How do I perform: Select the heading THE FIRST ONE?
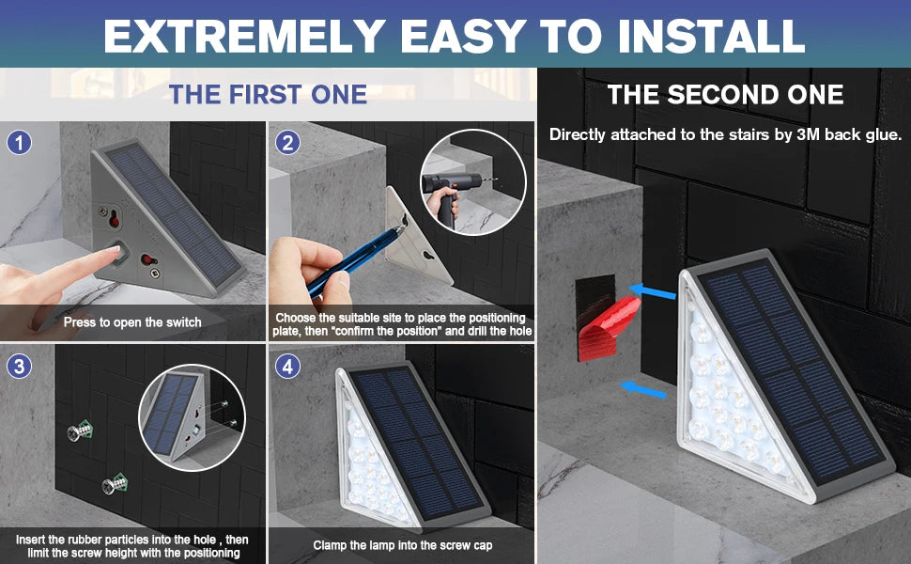[268, 94]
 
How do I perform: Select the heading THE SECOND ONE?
[725, 94]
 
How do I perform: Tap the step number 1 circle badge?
[20, 143]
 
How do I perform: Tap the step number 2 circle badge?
[288, 143]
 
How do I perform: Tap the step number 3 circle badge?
[20, 365]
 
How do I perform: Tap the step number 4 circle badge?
[288, 365]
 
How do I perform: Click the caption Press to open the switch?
[132, 321]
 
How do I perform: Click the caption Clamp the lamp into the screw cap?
[401, 545]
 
